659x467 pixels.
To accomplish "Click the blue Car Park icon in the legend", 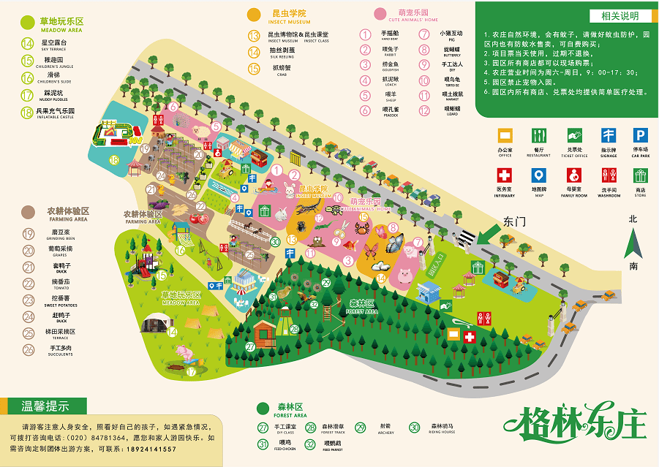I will pos(640,135).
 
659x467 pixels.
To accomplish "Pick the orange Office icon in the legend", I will pos(505,135).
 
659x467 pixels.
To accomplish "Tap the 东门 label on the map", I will pos(515,221).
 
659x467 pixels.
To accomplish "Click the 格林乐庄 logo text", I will pos(576,422).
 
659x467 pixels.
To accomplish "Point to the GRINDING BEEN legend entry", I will pos(55,237).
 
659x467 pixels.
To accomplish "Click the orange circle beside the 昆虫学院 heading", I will pos(254,14).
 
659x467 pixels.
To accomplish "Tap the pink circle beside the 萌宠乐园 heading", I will pos(380,14).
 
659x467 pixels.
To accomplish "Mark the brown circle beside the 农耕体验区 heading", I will pos(28,212).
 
